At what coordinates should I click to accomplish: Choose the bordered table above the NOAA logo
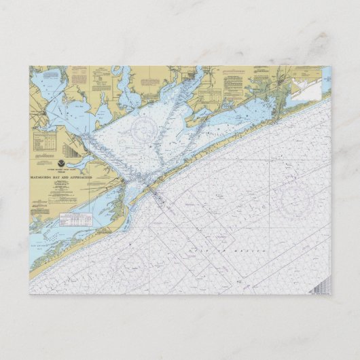(x=45, y=140)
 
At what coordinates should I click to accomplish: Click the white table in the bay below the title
(x=75, y=219)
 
